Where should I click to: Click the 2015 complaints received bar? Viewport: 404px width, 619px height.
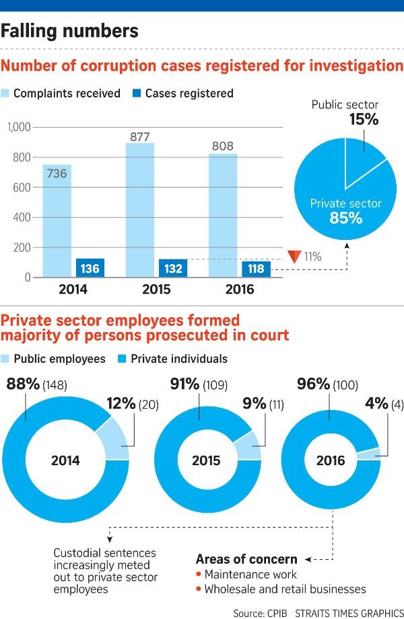click(139, 215)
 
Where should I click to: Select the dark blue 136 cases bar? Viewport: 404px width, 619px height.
click(90, 267)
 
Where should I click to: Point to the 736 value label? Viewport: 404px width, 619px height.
click(57, 174)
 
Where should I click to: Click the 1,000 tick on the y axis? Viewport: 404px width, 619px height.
click(20, 127)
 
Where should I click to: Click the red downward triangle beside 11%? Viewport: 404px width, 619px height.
click(292, 256)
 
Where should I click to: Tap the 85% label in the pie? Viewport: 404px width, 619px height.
click(345, 218)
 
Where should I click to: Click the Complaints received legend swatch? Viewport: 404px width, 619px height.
click(11, 93)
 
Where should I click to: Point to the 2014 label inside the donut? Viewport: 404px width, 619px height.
click(65, 460)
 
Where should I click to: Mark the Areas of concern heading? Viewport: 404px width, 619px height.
click(246, 559)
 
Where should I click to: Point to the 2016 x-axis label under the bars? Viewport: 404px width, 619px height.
click(240, 290)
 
